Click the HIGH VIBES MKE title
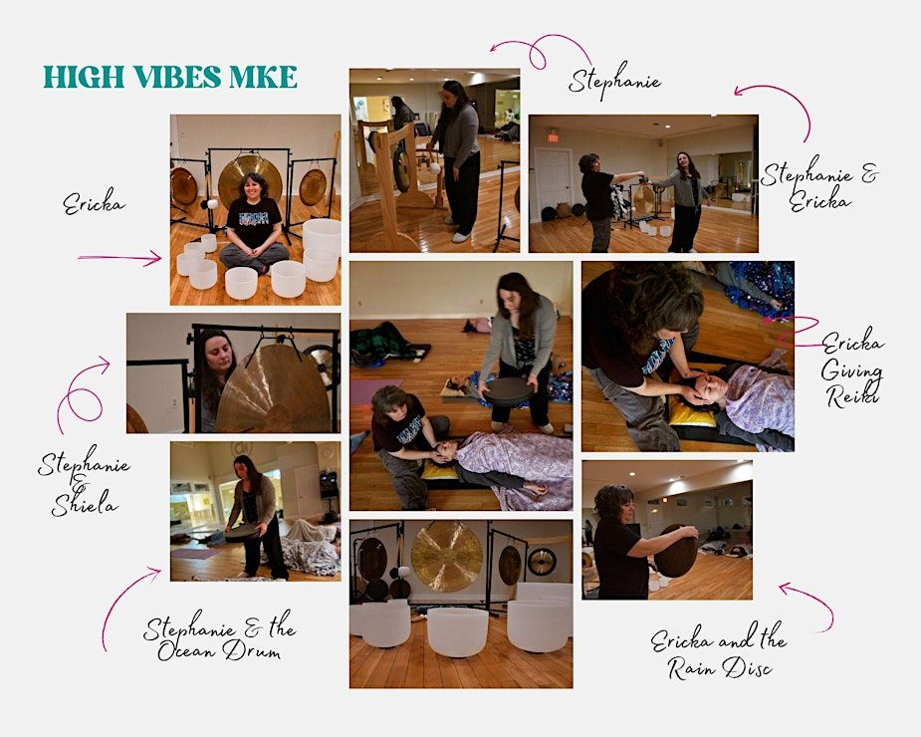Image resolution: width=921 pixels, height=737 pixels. click(x=170, y=77)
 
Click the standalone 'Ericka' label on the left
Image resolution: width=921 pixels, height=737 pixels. click(x=94, y=204)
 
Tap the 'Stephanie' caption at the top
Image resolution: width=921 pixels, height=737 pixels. click(x=614, y=81)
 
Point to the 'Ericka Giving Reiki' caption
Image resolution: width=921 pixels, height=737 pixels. click(x=852, y=368)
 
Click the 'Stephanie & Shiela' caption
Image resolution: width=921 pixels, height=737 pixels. click(x=84, y=480)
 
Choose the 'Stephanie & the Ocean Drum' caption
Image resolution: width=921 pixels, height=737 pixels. click(x=220, y=639)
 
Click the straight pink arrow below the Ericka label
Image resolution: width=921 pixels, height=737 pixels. click(x=119, y=257)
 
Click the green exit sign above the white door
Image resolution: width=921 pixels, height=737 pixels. click(x=553, y=135)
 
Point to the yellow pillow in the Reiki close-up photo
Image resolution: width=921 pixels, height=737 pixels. click(x=693, y=413)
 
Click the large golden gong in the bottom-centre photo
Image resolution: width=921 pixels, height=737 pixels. click(x=446, y=556)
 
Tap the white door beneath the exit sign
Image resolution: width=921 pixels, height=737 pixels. click(x=553, y=183)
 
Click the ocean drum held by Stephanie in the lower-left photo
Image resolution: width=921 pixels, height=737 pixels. click(x=243, y=533)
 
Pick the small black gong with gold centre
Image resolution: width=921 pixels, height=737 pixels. click(x=542, y=562)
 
